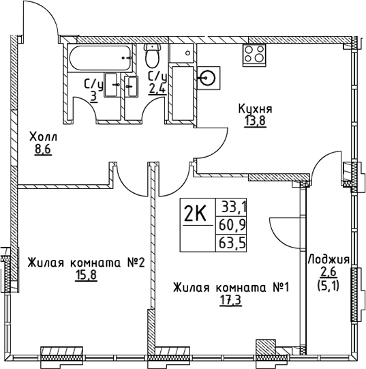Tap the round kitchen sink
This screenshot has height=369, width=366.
[208, 78]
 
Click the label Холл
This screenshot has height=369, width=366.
[44, 137]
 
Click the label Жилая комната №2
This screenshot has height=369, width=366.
[87, 263]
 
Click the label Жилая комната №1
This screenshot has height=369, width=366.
[231, 288]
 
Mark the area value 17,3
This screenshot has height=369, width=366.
[231, 299]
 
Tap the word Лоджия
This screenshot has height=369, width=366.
[329, 260]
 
